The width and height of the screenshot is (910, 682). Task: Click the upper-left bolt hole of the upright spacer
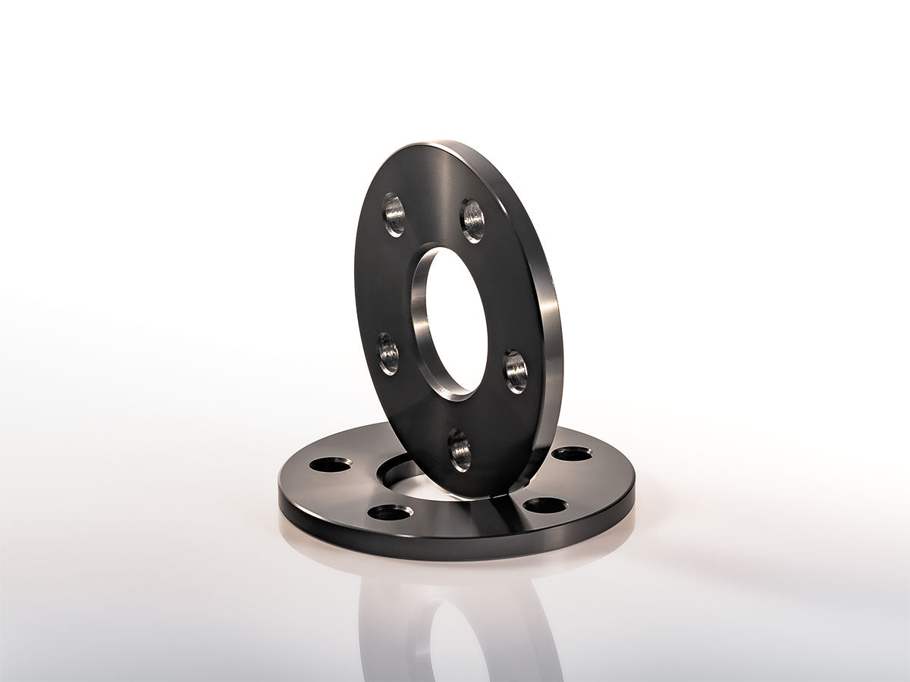[x=394, y=214]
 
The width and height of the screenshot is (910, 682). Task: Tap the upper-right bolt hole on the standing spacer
[x=472, y=221]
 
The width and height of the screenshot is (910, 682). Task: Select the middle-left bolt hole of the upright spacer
[x=388, y=354]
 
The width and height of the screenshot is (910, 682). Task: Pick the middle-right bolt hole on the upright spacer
[x=516, y=371]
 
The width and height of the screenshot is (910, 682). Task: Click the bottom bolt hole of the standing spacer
[x=460, y=450]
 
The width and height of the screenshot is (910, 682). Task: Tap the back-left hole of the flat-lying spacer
[x=331, y=464]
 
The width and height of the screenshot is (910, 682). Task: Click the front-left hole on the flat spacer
[x=390, y=512]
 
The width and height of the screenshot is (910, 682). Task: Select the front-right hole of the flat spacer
[x=544, y=505]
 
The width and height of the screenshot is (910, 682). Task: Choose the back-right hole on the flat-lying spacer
[x=571, y=454]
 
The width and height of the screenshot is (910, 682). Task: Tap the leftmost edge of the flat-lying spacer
[x=280, y=485]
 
